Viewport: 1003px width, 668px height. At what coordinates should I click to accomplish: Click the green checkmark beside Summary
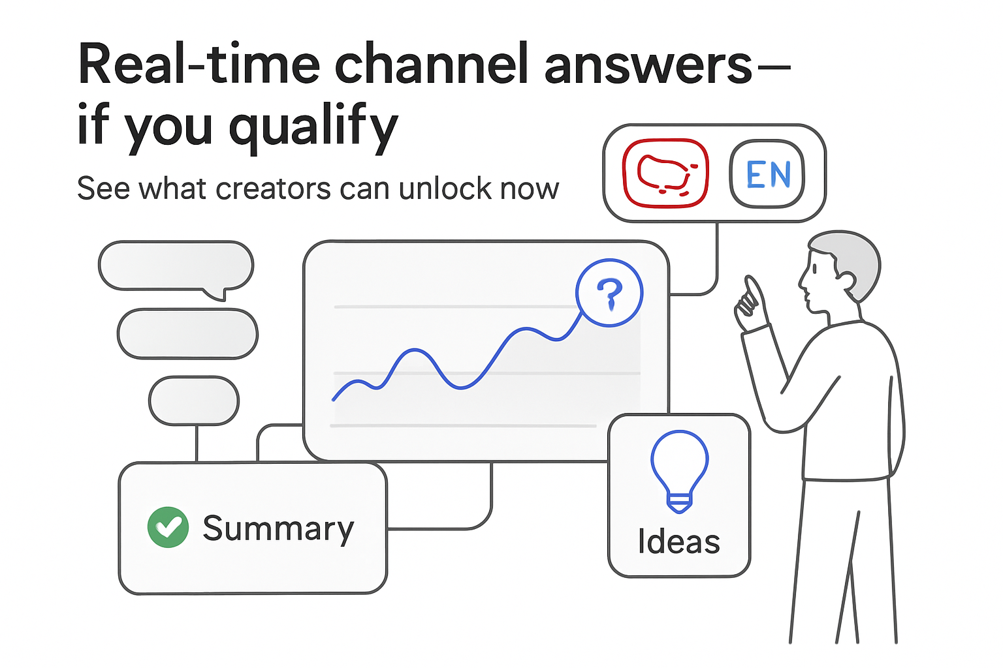168,527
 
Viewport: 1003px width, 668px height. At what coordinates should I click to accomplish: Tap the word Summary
278,528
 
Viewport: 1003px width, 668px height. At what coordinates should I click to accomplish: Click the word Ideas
678,541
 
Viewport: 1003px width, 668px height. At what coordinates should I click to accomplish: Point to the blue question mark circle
609,293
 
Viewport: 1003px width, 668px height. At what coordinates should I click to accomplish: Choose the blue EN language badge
767,174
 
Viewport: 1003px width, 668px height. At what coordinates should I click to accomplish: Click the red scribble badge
665,174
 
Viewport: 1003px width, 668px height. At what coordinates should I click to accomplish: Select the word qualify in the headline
313,127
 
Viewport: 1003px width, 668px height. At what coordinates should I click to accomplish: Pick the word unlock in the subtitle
445,189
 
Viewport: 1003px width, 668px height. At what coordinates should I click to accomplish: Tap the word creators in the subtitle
273,189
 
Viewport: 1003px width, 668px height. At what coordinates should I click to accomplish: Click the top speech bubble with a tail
176,266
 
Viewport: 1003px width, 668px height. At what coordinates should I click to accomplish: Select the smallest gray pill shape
194,401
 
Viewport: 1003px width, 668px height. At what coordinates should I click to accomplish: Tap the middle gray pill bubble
187,334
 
